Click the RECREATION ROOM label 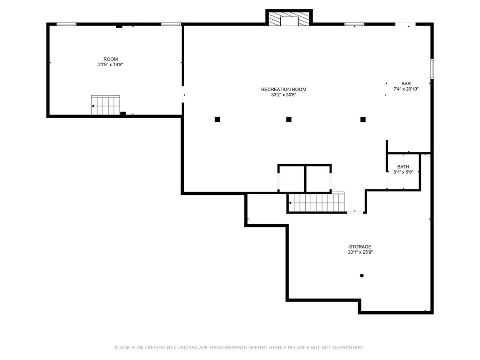point(284,90)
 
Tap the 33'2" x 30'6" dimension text point(284,95)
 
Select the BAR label point(406,83)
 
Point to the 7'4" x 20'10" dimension point(406,89)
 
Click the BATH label point(403,167)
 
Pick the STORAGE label point(360,247)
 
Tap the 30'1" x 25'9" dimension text point(360,252)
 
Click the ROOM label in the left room point(111,59)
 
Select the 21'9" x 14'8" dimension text point(111,65)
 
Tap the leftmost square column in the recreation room point(217,120)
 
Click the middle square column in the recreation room point(289,120)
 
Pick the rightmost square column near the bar point(363,120)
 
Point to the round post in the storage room point(361,276)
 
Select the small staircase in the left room point(105,105)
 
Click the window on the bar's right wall point(432,69)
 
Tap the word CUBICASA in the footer point(186,347)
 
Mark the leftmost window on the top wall point(67,24)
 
